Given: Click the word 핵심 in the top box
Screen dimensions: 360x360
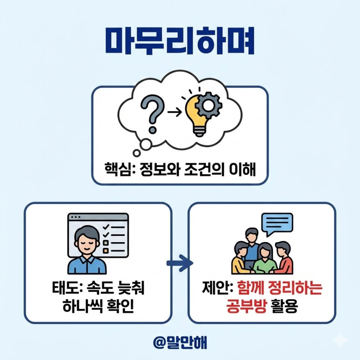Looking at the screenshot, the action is (x=116, y=173).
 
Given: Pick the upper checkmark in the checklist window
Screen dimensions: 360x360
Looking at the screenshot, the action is (x=105, y=227).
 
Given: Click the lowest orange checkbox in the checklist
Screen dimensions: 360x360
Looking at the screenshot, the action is (x=105, y=251).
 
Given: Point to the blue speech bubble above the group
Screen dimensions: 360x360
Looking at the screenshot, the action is (x=277, y=223).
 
